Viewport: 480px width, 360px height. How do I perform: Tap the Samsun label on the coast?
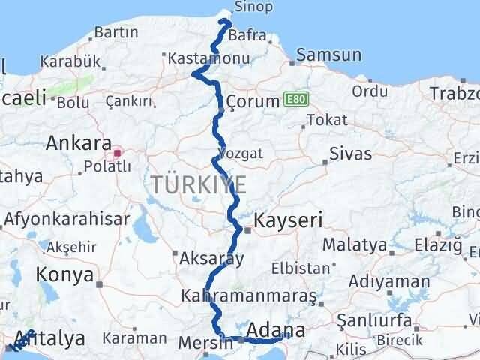tap(328, 55)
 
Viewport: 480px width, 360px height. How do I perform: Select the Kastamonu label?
tap(199, 57)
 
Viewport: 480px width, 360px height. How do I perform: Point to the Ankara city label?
tap(79, 142)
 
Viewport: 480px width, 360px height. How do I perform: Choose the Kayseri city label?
tap(288, 220)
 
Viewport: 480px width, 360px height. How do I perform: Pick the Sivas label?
tap(350, 154)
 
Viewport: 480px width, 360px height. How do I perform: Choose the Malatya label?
tap(355, 244)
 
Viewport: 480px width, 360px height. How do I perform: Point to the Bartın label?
tap(116, 32)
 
